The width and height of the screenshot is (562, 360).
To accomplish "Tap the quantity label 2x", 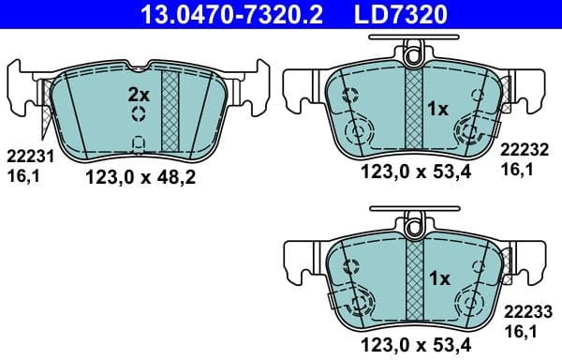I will coord(139,94).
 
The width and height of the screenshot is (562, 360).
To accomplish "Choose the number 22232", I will coord(524,149).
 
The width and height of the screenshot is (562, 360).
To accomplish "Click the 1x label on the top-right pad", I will coord(437,110).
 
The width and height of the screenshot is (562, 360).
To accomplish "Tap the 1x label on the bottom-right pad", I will coord(437,278).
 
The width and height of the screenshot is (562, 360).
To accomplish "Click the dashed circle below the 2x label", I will coord(139,114).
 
